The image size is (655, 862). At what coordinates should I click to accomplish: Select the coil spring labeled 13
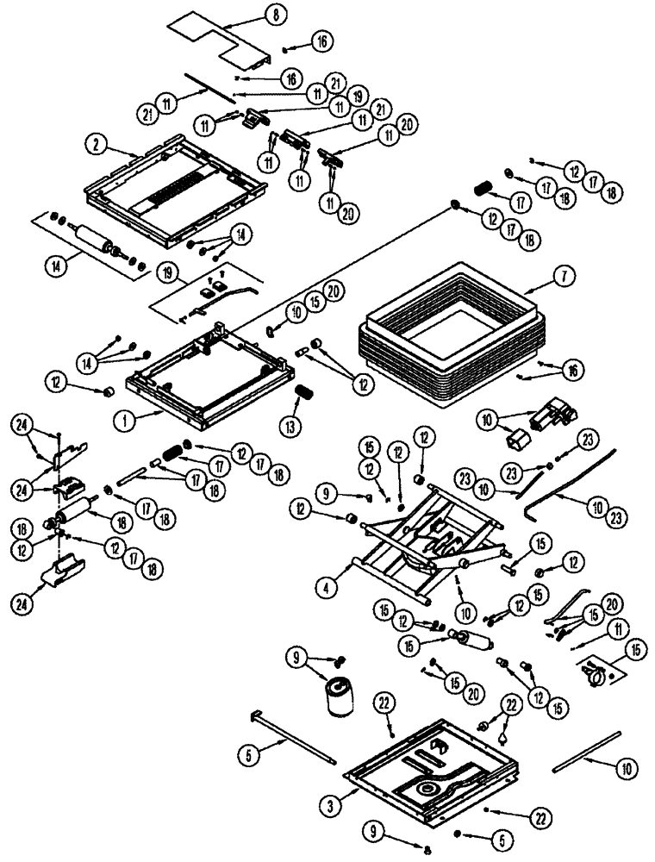pyautogui.click(x=303, y=396)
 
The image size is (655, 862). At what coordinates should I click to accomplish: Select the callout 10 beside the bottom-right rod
pyautogui.click(x=626, y=765)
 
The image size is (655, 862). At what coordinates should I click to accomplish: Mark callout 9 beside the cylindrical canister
pyautogui.click(x=298, y=659)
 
